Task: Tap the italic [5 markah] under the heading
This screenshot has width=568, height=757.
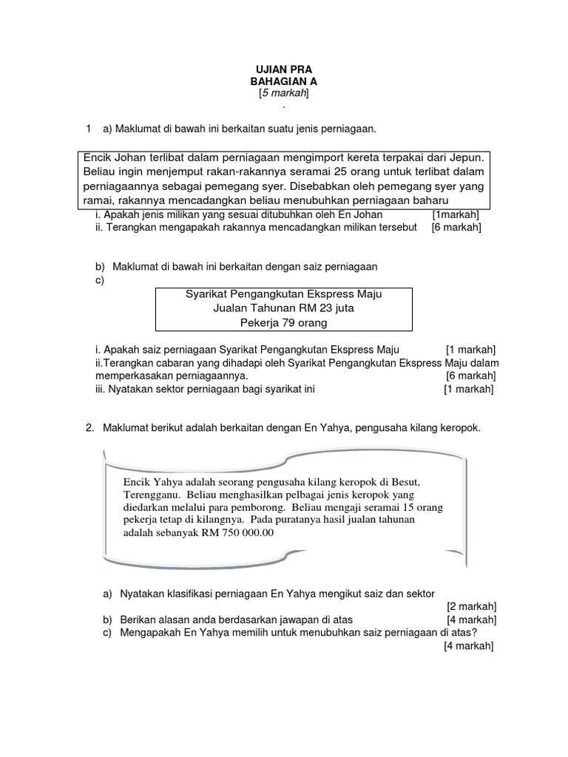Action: pos(283,94)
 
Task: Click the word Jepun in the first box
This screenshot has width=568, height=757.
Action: pos(464,158)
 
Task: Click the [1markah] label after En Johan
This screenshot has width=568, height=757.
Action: pos(456,214)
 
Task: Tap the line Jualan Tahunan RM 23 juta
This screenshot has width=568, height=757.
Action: pos(283,308)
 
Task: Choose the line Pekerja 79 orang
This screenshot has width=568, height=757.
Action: pos(283,322)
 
